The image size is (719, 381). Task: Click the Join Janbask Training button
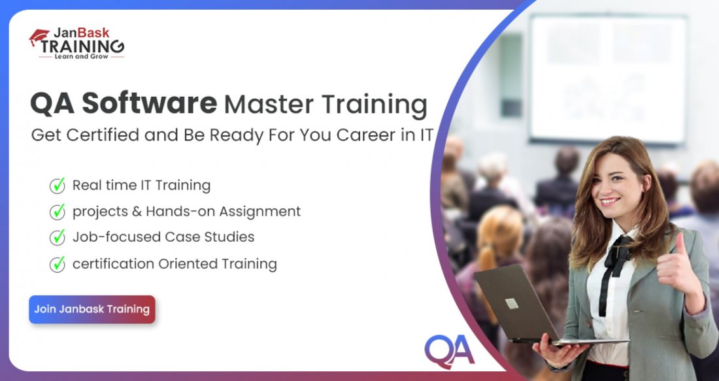(92, 309)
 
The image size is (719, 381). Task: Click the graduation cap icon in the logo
(39, 39)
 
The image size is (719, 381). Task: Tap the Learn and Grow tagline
(81, 57)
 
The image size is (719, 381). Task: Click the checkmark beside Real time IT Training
(58, 186)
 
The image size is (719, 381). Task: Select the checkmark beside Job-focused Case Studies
(58, 237)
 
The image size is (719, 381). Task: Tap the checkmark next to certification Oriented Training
(58, 263)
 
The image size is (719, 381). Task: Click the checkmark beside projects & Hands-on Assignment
(58, 211)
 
